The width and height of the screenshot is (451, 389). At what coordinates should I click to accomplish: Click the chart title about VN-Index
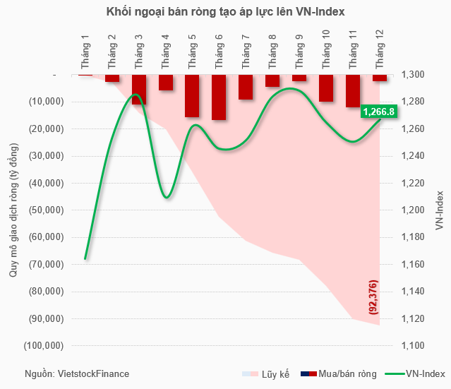tap(226, 13)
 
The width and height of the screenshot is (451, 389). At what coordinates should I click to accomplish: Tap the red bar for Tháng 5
tap(192, 95)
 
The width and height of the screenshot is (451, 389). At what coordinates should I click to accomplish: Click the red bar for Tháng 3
tap(139, 89)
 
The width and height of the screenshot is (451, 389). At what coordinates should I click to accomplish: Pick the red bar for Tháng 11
tap(353, 90)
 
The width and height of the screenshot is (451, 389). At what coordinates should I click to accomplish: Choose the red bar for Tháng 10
tap(326, 88)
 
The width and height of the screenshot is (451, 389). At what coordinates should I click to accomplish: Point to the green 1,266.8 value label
tap(379, 111)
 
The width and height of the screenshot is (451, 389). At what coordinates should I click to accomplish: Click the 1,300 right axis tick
tap(412, 75)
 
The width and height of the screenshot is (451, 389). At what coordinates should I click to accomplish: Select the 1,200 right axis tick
tap(412, 210)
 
